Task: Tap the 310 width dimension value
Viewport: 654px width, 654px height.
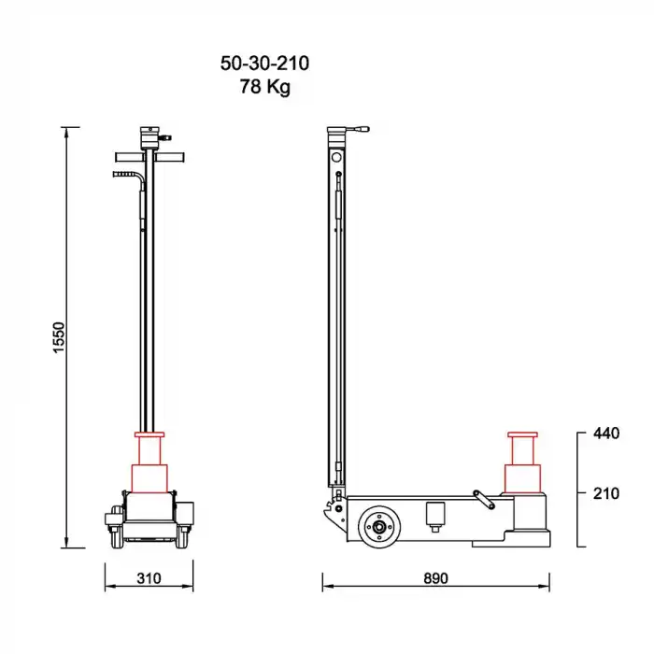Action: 149,578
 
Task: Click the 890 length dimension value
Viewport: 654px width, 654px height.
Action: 435,578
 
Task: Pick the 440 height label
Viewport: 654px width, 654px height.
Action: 605,434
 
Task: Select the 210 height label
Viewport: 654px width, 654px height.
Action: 605,493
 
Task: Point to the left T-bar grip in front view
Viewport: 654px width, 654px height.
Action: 126,157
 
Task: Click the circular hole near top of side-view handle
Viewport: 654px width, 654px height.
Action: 336,158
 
